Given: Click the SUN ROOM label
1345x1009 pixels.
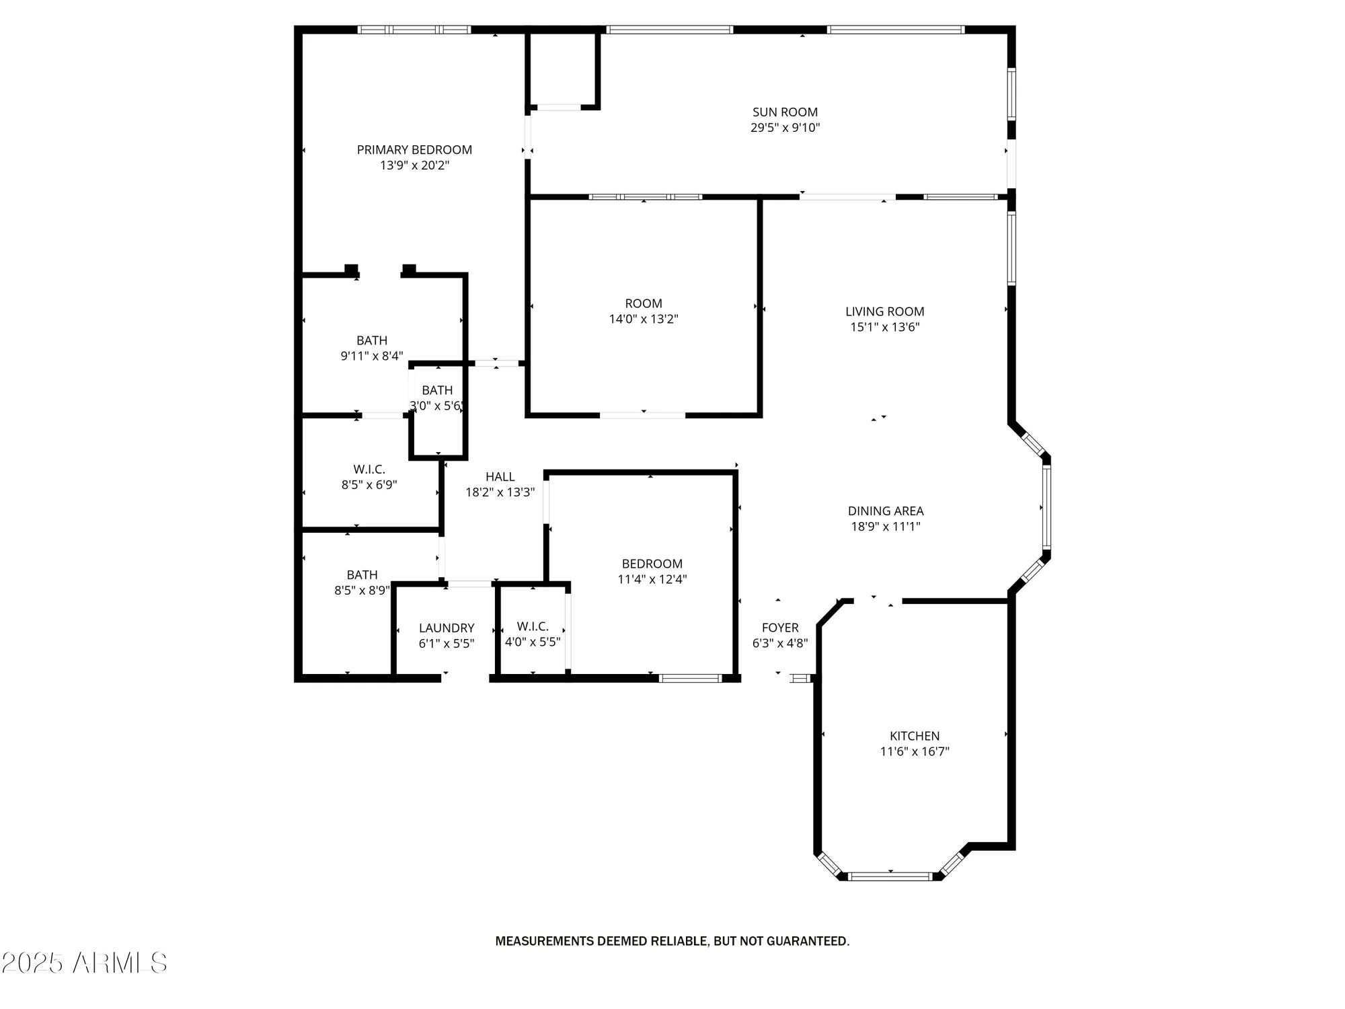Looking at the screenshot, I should (x=785, y=112).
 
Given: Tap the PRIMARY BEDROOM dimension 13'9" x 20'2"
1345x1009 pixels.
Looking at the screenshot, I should (x=414, y=165).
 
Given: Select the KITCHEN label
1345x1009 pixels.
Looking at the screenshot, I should (x=915, y=736).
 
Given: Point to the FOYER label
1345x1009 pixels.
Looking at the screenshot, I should (x=780, y=628).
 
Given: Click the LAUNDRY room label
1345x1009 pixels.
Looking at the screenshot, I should (x=447, y=628).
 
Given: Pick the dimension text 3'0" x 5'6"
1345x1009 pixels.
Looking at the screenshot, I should (x=436, y=406).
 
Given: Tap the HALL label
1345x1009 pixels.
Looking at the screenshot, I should (x=500, y=477).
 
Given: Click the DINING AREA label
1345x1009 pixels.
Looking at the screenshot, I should (x=886, y=511).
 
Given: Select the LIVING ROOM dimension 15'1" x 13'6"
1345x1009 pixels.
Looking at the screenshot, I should (x=885, y=328).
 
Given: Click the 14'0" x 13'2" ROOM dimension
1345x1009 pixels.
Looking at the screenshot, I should (x=644, y=320).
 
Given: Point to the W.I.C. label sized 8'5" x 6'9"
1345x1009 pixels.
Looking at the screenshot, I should (x=369, y=470).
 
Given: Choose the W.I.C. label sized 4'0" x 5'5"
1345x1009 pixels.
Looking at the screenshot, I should (x=533, y=626).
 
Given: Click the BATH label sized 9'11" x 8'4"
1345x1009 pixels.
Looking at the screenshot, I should (x=372, y=340).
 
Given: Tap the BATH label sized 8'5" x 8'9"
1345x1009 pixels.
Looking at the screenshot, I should (x=362, y=575).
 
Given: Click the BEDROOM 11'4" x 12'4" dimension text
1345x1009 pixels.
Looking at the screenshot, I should (x=652, y=579).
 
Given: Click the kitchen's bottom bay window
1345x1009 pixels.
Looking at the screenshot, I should (x=890, y=876).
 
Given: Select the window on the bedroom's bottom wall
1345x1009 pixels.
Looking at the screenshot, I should (x=690, y=678).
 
